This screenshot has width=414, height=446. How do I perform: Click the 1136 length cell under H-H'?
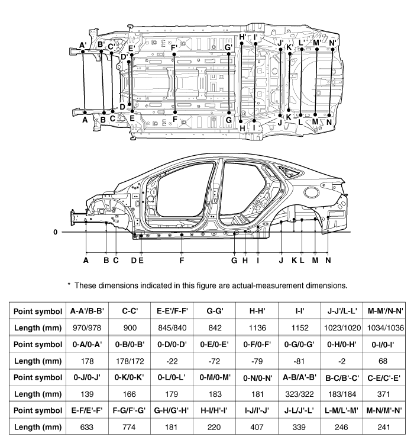point(257,328)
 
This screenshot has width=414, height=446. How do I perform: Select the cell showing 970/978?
point(87,328)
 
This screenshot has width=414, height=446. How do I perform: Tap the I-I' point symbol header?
point(300,311)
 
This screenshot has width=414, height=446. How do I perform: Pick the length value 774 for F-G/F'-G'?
point(129,427)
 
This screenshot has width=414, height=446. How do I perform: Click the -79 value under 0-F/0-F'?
point(257,361)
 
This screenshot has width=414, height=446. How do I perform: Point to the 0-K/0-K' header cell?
point(129,377)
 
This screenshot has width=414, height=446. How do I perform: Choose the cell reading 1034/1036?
point(386,328)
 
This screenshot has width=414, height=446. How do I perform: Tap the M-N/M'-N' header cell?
point(384,410)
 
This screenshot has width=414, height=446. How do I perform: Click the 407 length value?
point(257,427)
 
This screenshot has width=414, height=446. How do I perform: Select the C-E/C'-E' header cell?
point(384,378)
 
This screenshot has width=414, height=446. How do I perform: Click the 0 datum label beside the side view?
point(56,232)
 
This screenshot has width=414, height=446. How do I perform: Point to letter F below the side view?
point(182,260)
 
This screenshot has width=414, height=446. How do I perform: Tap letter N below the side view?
point(328,260)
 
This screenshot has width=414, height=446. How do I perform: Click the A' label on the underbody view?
point(83,45)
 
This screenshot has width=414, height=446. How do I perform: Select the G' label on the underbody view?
point(228,47)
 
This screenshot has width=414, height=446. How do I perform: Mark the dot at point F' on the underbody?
point(174,54)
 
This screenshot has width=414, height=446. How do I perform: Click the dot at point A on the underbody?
point(85,113)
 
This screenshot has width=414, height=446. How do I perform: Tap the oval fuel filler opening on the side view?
point(311,192)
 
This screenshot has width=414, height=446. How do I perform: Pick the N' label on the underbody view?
point(332,43)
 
